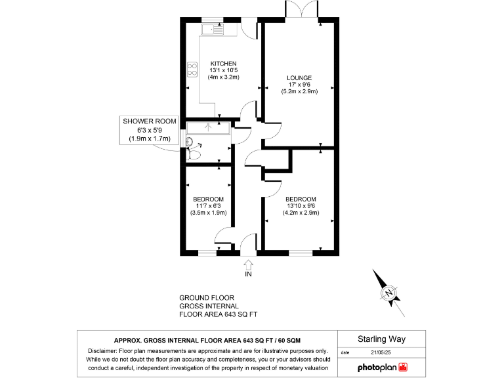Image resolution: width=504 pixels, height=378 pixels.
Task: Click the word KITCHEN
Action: (223, 63)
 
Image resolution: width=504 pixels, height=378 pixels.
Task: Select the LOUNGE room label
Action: (299, 77)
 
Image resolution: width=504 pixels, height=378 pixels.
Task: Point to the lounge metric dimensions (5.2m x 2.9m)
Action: (299, 91)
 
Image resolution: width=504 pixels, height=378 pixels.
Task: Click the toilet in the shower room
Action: (194, 155)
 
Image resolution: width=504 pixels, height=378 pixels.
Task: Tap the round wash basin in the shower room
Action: (189, 142)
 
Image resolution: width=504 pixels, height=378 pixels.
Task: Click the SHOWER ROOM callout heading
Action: (150, 121)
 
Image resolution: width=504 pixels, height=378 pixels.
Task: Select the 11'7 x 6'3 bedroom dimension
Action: (208, 205)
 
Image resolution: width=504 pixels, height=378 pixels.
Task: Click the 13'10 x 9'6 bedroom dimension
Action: (301, 205)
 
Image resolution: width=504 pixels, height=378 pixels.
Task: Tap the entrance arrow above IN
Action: (248, 264)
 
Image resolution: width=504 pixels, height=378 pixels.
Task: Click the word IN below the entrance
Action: (248, 274)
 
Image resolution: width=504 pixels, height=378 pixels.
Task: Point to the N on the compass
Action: (389, 292)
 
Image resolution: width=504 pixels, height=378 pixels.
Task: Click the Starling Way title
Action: (381, 339)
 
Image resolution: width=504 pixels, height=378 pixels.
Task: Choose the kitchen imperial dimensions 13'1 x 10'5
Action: (223, 70)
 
